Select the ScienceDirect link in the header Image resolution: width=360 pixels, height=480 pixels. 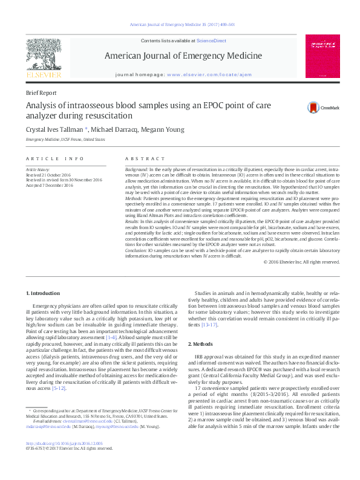[x=211, y=40]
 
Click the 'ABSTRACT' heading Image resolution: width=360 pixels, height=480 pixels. [x=140, y=158]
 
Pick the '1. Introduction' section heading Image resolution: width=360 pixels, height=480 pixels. [x=44, y=293]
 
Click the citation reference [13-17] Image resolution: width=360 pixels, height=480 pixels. [x=209, y=325]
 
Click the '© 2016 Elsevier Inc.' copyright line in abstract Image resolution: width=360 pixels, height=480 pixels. [x=302, y=262]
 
